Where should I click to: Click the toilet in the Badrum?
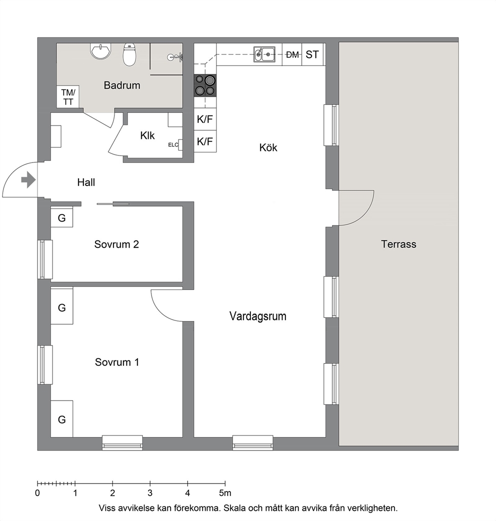click(129, 54)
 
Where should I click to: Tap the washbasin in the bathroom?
click(100, 51)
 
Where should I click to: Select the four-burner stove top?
click(205, 85)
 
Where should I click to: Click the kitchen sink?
click(264, 54)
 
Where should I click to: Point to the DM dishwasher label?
click(292, 55)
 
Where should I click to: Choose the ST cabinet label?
click(312, 54)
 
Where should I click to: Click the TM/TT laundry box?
click(68, 96)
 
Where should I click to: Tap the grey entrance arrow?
click(28, 180)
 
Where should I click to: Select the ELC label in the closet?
click(173, 145)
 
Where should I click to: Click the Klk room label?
click(147, 135)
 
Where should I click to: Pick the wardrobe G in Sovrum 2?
click(62, 217)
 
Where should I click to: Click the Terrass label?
click(398, 244)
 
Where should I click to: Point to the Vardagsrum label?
click(258, 316)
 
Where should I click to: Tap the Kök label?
click(268, 147)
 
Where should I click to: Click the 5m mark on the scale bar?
click(225, 493)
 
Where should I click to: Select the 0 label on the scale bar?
click(37, 493)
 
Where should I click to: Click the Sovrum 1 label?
click(117, 362)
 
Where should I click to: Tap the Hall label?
click(86, 182)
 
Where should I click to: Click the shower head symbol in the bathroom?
click(175, 57)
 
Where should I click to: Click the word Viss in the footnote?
click(106, 508)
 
